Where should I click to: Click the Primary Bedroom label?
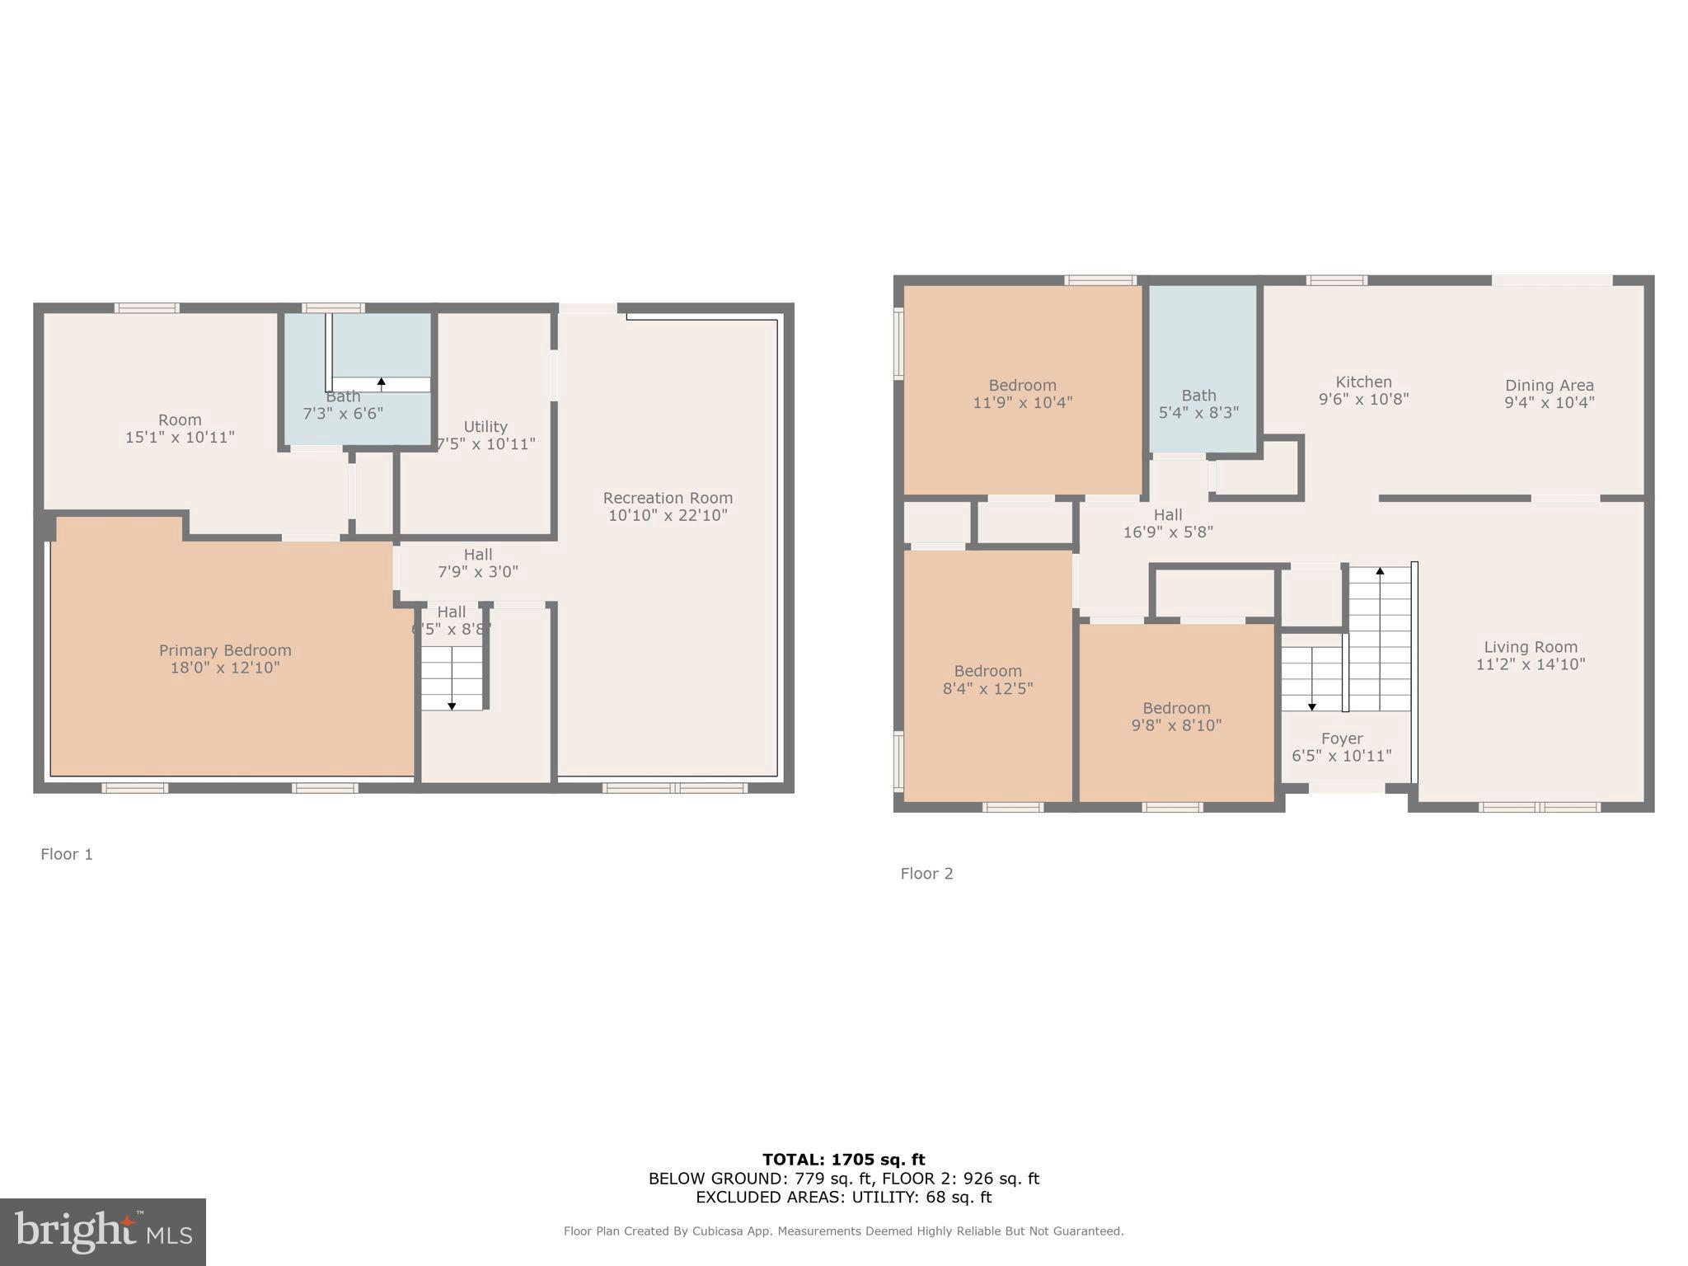coord(225,650)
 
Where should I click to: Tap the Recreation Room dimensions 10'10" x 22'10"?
coord(668,516)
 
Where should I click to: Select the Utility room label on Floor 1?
coord(485,427)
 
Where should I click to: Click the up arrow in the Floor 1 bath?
coord(381,383)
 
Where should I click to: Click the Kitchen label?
coord(1363,382)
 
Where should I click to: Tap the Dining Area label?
coord(1550,385)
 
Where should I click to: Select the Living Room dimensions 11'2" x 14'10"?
coord(1531,664)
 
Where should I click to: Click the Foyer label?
coord(1342,738)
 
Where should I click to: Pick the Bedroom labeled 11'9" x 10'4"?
coord(1023,394)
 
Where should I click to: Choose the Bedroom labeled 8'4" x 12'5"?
coord(987,680)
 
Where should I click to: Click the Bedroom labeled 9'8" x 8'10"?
coord(1176,716)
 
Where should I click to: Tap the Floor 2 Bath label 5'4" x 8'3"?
coord(1198,404)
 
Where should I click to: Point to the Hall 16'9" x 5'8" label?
coord(1168,523)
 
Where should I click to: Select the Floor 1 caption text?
coord(67,854)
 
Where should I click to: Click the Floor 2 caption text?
coord(926,874)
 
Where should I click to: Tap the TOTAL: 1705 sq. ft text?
coord(843,1160)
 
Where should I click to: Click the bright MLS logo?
coord(103,1232)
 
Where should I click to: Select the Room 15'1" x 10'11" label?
coord(180,429)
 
